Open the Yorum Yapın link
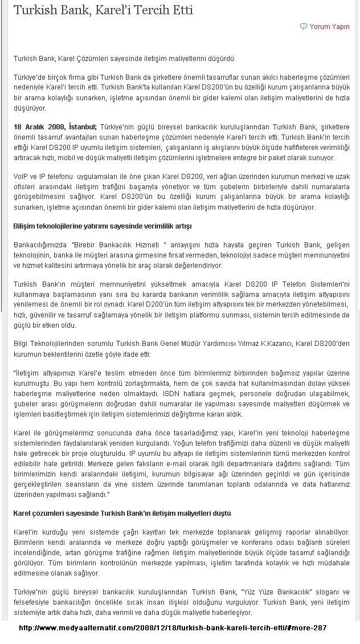point(329,26)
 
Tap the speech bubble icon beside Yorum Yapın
point(304,26)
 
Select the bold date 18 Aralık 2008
point(39,127)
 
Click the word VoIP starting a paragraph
point(22,177)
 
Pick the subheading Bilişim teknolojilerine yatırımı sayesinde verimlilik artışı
point(103,226)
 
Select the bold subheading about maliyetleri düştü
point(122,513)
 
